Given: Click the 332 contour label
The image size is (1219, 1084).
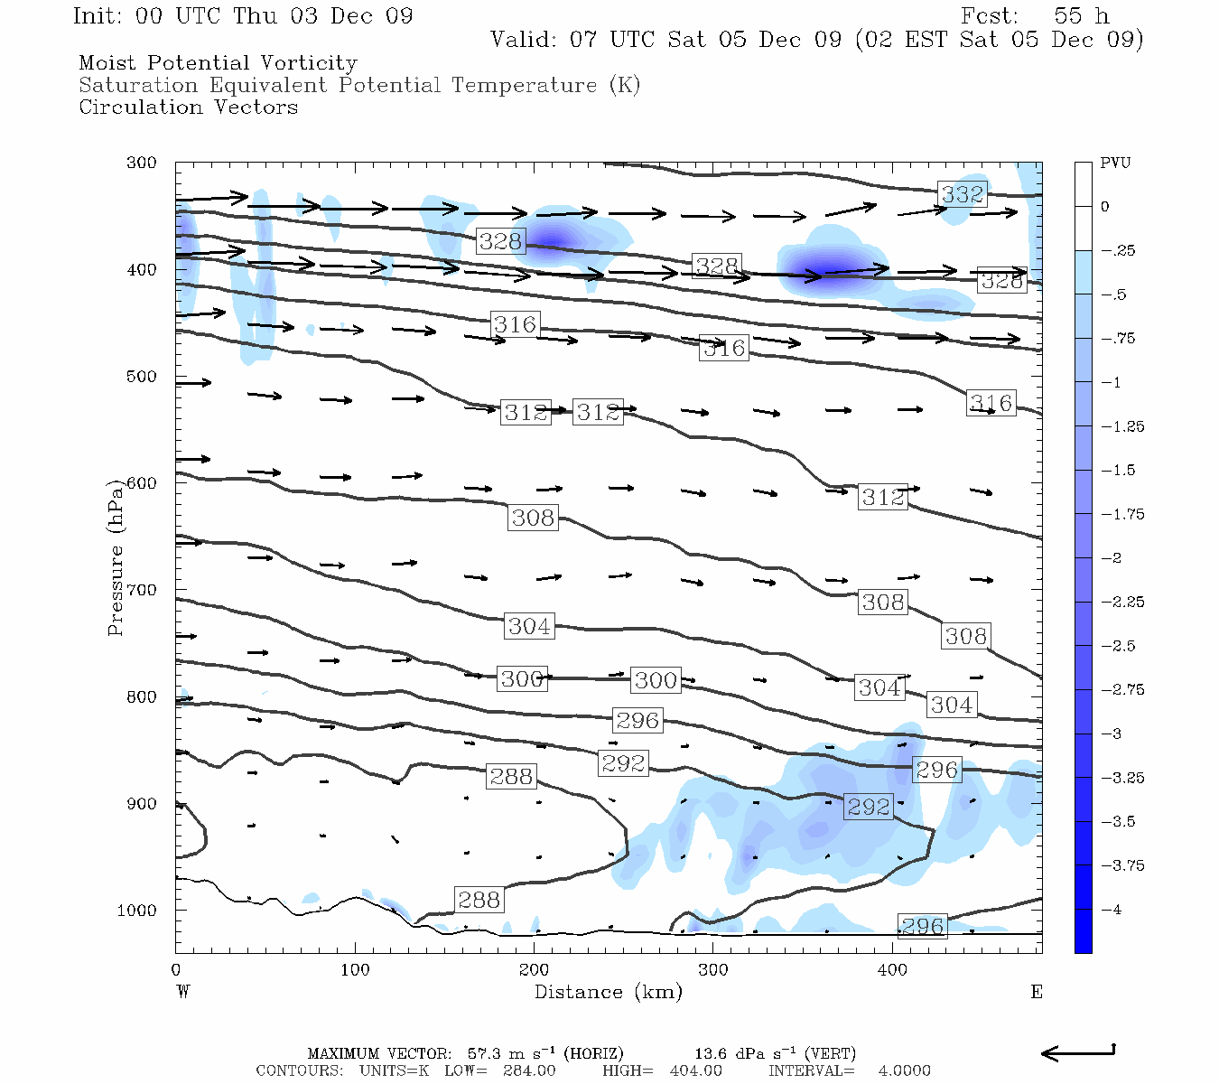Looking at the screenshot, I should pos(963,194).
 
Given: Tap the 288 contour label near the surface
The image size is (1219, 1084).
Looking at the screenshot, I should pos(479,900).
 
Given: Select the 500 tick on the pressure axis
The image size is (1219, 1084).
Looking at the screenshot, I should pos(142,377).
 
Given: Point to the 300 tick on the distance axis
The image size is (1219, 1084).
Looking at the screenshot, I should pos(712,970).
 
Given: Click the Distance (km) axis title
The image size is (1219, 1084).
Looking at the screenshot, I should pos(608,992).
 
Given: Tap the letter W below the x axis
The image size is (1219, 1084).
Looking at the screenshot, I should pos(183,992).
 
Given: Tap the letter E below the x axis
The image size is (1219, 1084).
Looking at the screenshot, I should pos(1037,992).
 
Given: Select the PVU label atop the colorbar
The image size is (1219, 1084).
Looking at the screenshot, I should pos(1115,164).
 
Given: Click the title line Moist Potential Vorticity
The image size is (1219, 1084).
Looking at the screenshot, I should pos(218,63).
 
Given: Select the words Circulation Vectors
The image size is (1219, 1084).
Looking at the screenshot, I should pos(188,107).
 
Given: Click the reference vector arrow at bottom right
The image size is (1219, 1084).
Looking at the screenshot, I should pos(1078,1052).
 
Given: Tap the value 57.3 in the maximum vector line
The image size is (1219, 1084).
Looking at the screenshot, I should pos(484,1053).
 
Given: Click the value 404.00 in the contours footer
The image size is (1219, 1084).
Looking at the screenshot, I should pos(695,1070).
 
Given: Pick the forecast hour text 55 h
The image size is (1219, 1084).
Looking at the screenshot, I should pos(1081,16).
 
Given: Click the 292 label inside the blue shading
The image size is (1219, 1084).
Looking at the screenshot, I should pos(869,807).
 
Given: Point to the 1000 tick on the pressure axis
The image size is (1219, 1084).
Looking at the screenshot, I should pos(137,911).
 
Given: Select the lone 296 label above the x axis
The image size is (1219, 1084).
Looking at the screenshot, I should pos(923,926).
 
